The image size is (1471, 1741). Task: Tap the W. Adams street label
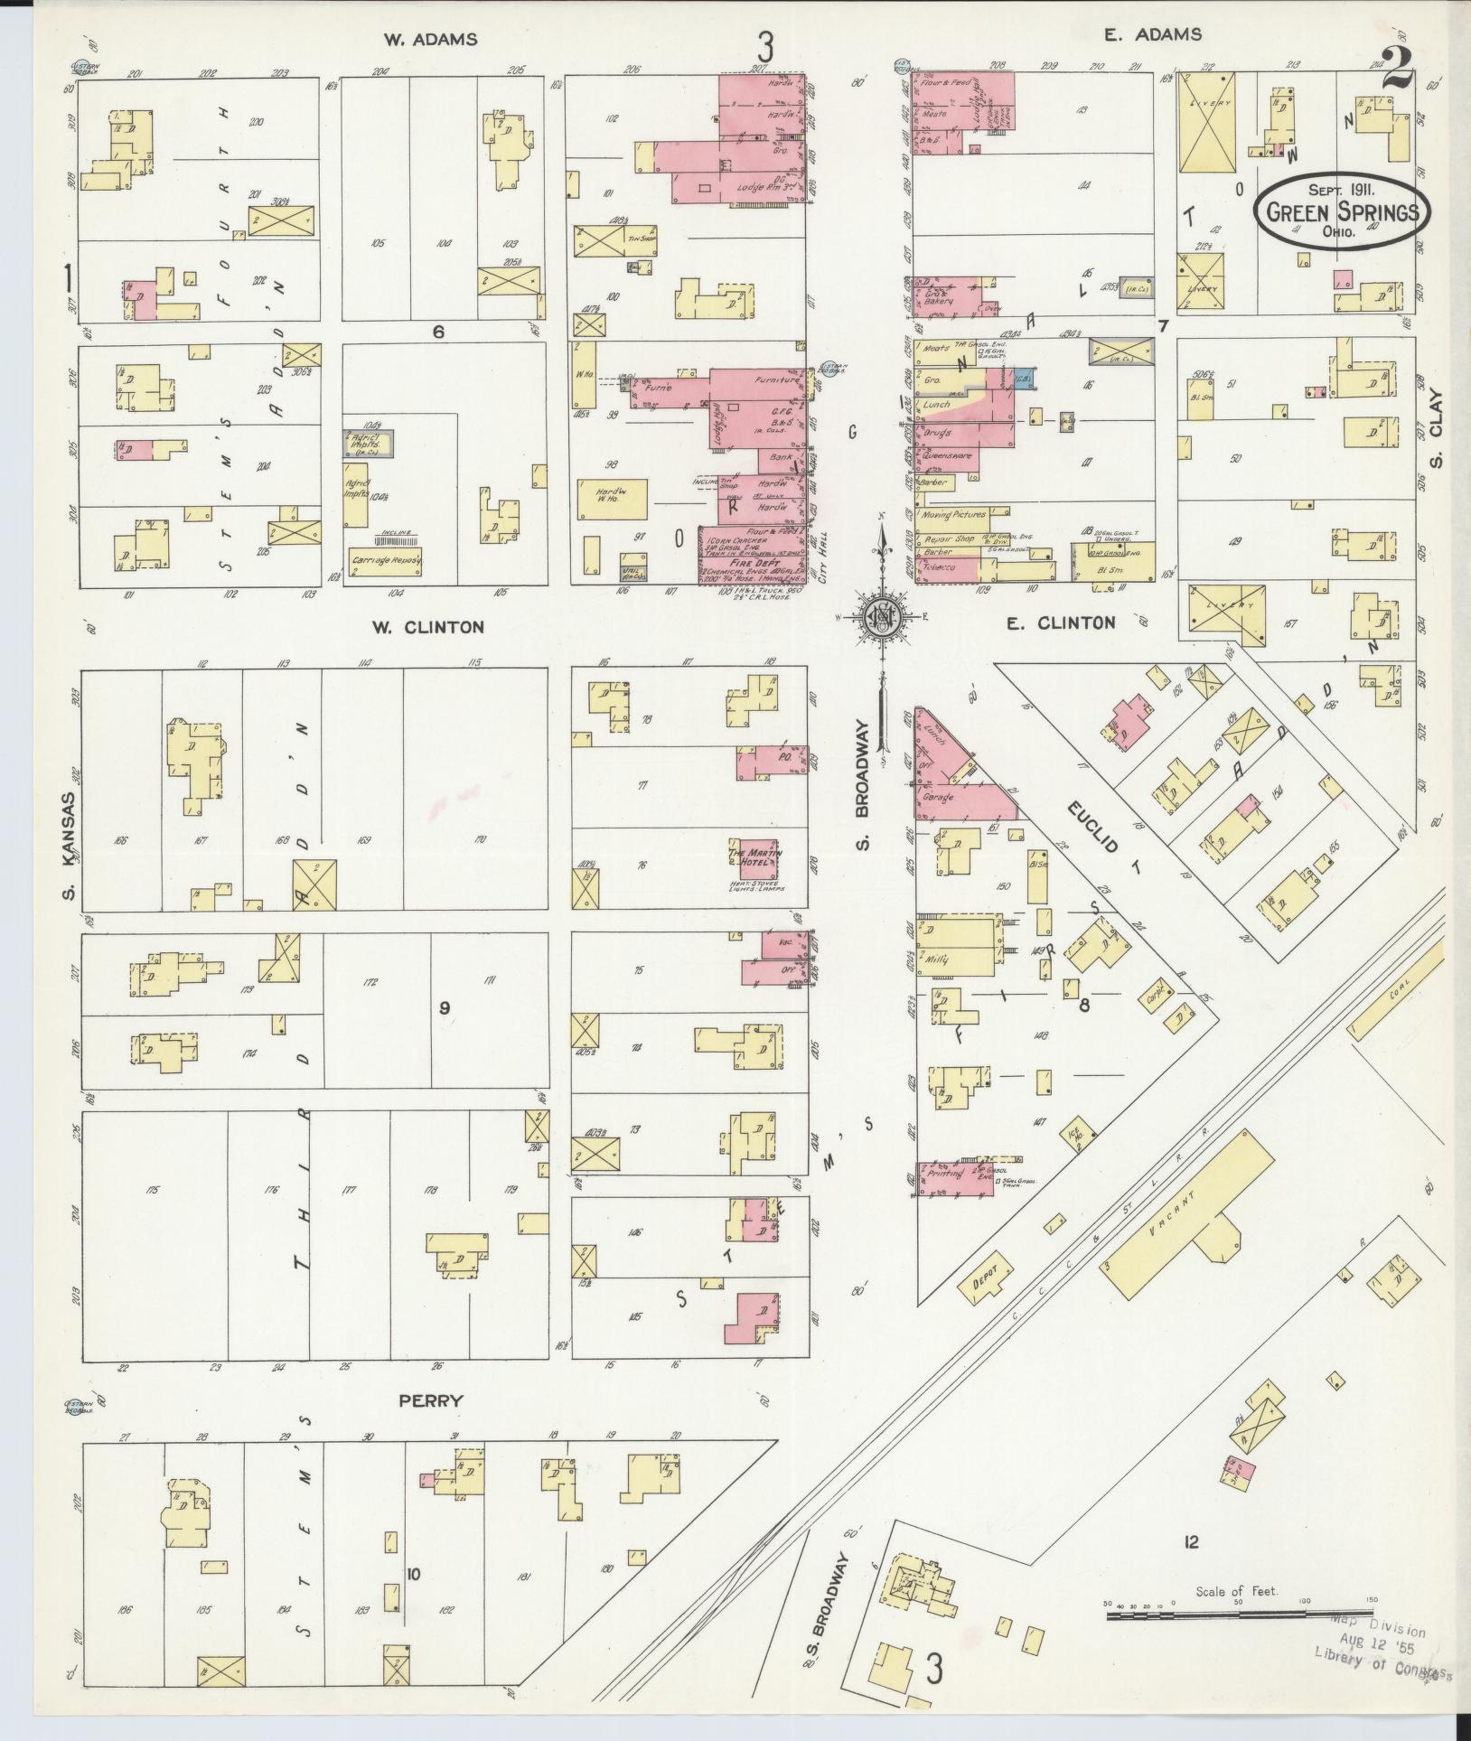(x=430, y=39)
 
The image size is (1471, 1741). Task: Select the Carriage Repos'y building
(x=388, y=561)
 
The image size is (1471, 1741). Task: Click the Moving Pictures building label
(x=953, y=515)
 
